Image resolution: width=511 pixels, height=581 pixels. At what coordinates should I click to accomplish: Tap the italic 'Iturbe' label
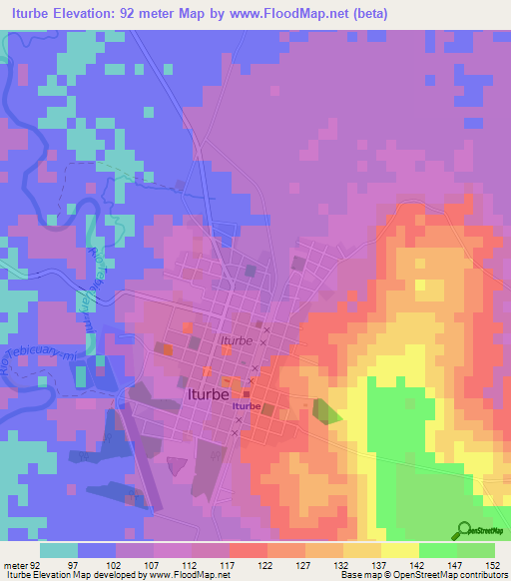click(x=237, y=341)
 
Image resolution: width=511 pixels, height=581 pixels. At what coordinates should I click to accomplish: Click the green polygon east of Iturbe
click(x=326, y=411)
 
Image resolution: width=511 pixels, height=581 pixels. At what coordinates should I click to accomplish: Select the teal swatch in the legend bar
click(x=59, y=550)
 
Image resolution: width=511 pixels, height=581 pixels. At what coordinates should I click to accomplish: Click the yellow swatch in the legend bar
click(x=400, y=550)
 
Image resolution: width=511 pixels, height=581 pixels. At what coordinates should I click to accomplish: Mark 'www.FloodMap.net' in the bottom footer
click(x=182, y=575)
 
